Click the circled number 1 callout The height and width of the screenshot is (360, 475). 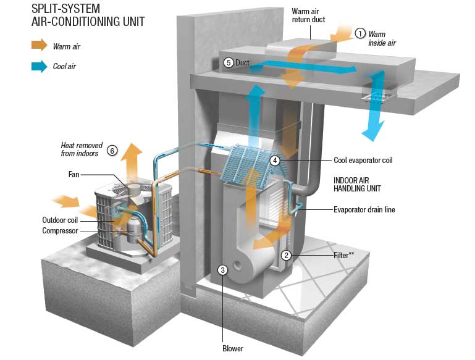[x=361, y=33]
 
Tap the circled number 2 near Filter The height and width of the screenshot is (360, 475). [x=285, y=254]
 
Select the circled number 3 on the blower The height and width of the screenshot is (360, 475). [x=224, y=269]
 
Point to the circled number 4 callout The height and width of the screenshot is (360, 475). [x=275, y=161]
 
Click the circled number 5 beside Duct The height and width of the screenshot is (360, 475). [x=228, y=62]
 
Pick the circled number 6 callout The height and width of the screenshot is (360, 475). [x=112, y=149]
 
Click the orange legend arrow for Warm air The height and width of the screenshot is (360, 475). [x=40, y=45]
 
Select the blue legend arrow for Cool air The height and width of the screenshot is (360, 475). [x=40, y=65]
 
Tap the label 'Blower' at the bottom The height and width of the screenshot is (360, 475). [x=232, y=348]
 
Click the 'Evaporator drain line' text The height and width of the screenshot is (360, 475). [x=364, y=210]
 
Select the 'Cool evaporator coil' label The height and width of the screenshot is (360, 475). [x=363, y=160]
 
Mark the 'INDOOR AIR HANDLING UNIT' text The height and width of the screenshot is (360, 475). [x=358, y=184]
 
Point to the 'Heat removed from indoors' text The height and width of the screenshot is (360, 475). [x=80, y=149]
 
